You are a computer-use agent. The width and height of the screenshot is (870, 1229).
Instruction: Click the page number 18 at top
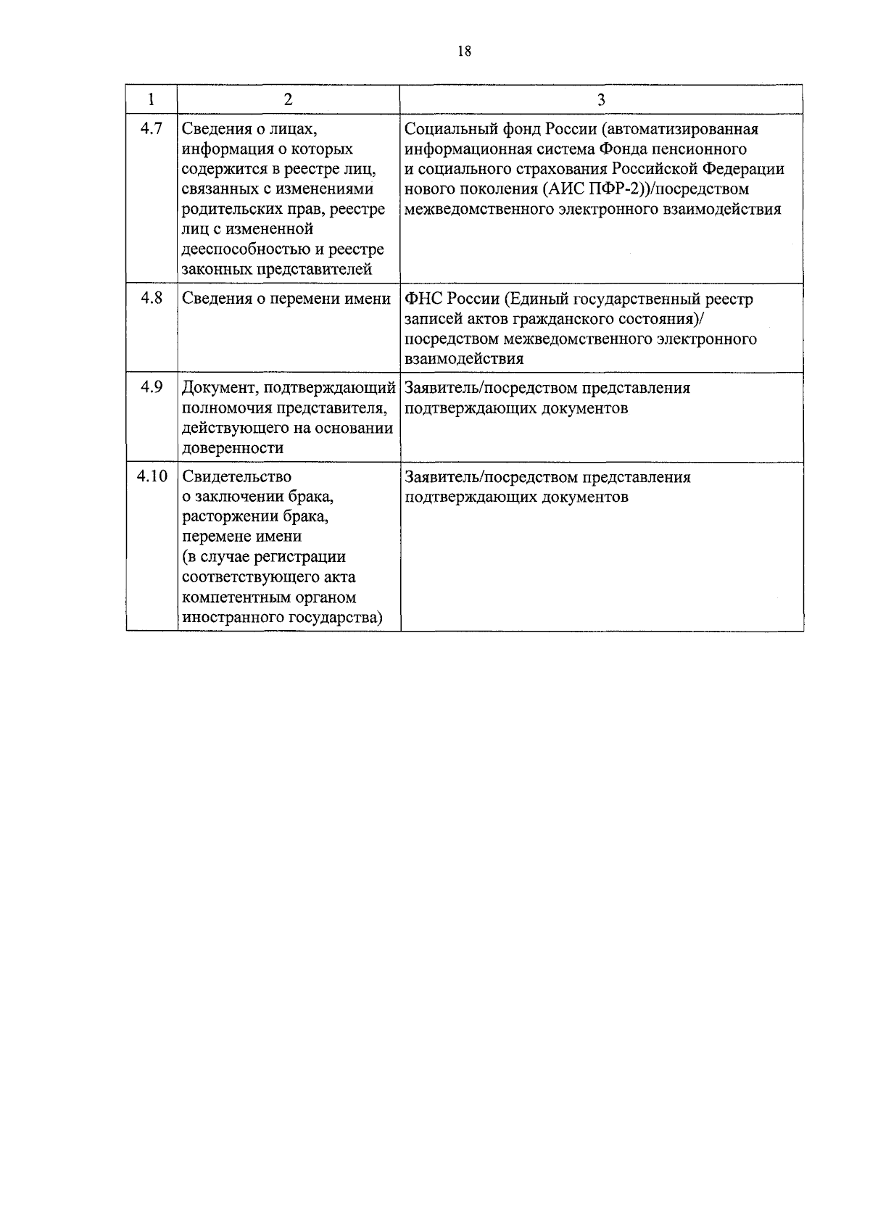tap(465, 51)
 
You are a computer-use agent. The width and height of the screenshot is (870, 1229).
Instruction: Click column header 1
tap(152, 100)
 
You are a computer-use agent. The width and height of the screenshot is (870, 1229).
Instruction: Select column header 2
tap(289, 100)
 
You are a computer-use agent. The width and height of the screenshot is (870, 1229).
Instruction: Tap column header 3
tap(601, 100)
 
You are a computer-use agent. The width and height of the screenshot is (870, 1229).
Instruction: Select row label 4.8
tap(152, 298)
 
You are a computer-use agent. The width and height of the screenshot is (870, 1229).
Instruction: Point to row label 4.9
tap(152, 387)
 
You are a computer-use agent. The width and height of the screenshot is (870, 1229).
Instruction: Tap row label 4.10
tap(152, 476)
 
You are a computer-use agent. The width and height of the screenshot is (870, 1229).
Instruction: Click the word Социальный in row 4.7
tap(449, 129)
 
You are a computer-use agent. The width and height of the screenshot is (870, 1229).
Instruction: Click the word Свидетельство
tap(237, 476)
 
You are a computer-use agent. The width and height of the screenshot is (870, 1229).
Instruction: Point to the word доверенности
tap(233, 448)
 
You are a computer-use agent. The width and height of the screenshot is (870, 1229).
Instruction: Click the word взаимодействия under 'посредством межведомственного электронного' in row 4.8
tap(464, 359)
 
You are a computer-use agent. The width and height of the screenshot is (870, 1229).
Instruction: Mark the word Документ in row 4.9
tap(215, 388)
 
